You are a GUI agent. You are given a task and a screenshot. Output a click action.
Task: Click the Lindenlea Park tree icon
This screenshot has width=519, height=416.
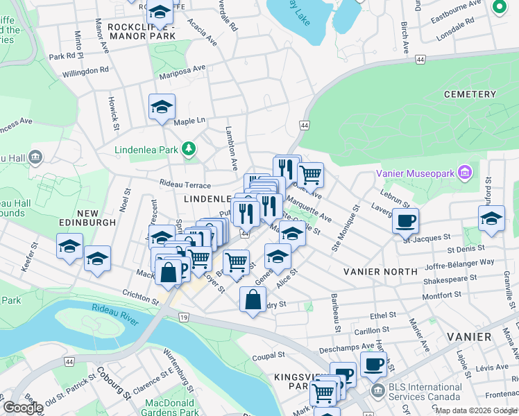pos(187,148)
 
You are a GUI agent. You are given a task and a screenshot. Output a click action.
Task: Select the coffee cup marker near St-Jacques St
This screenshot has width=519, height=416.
pos(405,221)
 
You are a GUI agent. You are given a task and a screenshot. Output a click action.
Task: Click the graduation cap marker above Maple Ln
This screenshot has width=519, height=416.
pos(162,107)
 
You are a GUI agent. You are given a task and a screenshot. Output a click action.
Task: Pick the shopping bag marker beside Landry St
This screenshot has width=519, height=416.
pos(253,300)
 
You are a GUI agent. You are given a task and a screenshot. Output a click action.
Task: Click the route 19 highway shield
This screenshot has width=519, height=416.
pos(182,317)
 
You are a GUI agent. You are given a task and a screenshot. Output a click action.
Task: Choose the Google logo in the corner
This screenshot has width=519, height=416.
pos(23,408)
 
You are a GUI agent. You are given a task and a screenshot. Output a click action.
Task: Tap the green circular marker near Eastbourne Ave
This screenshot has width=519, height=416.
pos(498,8)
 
